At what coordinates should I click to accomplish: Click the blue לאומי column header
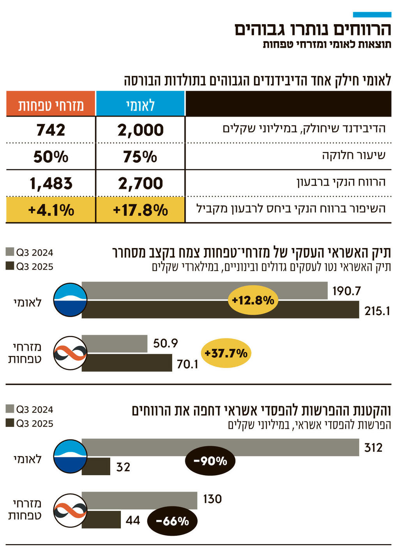(140, 104)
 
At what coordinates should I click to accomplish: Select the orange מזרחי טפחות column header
(51, 104)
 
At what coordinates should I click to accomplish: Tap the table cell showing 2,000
(140, 130)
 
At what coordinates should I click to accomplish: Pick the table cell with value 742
(51, 130)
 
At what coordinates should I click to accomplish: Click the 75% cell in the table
(140, 157)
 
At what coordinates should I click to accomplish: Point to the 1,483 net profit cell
(51, 183)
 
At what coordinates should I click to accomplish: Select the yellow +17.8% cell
(140, 210)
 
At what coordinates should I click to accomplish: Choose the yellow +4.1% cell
(51, 210)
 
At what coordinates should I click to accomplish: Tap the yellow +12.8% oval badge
(253, 300)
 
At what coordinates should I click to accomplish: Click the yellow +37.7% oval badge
(226, 353)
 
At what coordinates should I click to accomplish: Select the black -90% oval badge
(210, 461)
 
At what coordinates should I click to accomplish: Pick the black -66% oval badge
(172, 521)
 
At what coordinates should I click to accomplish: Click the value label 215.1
(377, 311)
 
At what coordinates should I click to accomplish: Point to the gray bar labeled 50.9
(115, 344)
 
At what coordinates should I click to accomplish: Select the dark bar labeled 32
(96, 466)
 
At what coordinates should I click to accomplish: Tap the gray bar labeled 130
(139, 500)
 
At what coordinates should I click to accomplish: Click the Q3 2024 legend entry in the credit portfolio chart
(30, 252)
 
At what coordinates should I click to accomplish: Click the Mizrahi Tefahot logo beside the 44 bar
(70, 510)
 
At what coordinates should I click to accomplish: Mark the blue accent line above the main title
(372, 14)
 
